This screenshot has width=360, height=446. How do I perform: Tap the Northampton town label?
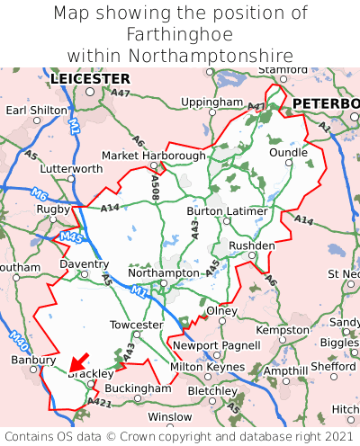tap(163, 272)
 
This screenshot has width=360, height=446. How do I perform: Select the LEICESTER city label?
tap(90, 79)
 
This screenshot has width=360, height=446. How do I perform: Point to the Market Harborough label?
tap(154, 156)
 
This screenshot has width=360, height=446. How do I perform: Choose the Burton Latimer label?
tap(227, 211)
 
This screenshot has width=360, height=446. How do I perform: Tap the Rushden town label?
tap(252, 245)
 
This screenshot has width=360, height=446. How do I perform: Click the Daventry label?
tap(84, 265)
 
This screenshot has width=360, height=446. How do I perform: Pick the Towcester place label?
tap(136, 325)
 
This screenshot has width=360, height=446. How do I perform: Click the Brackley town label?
tap(91, 373)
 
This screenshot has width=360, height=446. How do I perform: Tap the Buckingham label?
tap(138, 388)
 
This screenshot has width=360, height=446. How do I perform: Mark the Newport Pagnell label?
tap(203, 345)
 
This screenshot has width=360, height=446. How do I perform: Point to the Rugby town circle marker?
tap(54, 219)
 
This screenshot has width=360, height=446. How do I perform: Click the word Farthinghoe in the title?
tap(180, 34)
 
